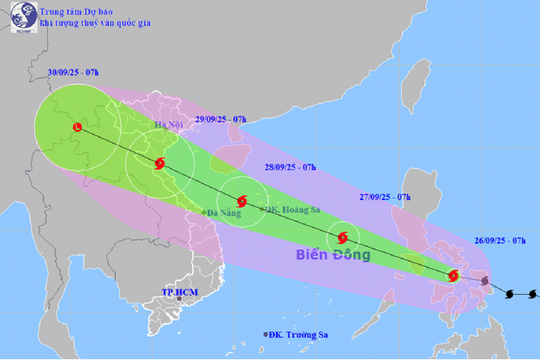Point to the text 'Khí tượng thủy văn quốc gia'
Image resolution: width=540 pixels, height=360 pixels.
tap(89, 23)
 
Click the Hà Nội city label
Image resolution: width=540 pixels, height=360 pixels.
tap(171, 126)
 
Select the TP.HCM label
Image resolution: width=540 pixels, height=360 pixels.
tap(181, 292)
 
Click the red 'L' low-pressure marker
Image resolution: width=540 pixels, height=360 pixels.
tap(77, 126)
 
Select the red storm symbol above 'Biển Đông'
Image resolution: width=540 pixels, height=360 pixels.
tap(343, 238)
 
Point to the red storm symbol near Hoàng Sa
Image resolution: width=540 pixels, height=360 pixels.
tap(241, 199)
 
